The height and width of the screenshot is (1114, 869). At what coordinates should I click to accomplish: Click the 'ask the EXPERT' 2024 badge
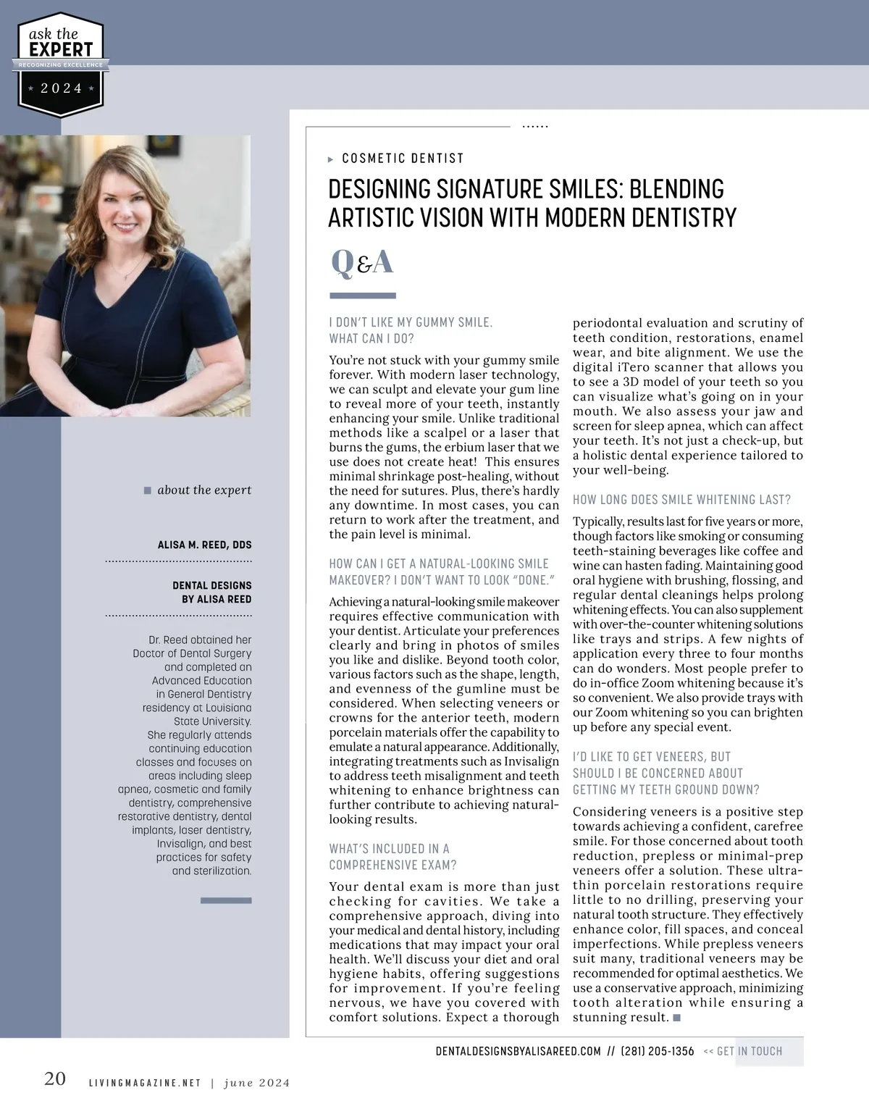click(61, 64)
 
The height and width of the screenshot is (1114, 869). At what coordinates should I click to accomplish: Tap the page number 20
click(55, 1079)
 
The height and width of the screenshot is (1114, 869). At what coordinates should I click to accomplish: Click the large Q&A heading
click(362, 262)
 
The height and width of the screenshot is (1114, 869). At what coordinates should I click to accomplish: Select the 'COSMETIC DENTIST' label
click(403, 159)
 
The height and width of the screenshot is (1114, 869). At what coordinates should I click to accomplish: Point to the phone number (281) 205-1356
click(658, 1051)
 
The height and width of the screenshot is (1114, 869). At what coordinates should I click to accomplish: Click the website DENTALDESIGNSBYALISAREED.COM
click(519, 1051)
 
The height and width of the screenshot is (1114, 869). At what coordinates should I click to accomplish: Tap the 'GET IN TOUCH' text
click(749, 1051)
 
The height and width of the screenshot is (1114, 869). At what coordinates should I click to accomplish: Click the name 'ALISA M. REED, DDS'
click(205, 545)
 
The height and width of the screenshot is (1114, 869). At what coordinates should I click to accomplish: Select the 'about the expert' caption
click(204, 490)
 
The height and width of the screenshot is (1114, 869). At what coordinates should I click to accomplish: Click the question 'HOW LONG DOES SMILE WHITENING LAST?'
click(681, 500)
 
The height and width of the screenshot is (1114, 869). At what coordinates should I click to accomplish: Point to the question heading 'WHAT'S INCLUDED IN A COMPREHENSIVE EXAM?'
click(392, 857)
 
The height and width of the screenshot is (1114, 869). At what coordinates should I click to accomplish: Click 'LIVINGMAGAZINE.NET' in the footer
click(144, 1084)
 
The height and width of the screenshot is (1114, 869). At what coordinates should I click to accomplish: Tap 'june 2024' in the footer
click(256, 1084)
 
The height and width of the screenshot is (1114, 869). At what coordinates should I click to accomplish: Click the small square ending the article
click(676, 1018)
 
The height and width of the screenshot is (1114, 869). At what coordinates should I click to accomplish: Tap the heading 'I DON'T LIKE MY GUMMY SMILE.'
click(411, 322)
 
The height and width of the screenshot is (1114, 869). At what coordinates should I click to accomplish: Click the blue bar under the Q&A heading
click(363, 296)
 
